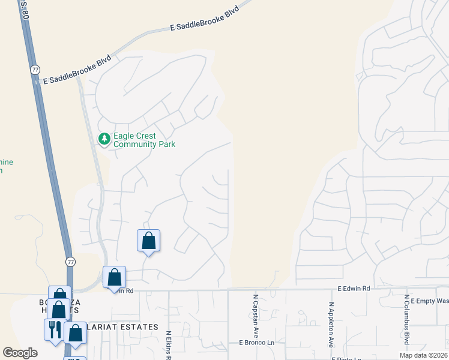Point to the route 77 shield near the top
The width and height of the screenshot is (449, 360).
tap(35, 70)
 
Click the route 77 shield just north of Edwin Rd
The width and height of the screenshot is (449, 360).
tap(70, 262)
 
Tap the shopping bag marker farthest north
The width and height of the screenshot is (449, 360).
tap(148, 241)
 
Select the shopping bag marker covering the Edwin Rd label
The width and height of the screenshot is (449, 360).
tap(114, 278)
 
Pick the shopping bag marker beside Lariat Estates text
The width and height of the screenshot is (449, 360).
tap(76, 334)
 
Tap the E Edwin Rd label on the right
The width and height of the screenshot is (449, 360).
tap(354, 289)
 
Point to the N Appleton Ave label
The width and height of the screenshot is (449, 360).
tap(331, 325)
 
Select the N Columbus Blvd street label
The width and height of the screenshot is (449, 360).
tap(406, 321)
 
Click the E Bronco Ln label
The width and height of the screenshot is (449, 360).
tap(256, 343)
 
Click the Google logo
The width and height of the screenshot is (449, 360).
tap(20, 352)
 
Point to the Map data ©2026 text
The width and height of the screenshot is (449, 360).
tap(423, 355)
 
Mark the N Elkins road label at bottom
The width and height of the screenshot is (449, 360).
tap(169, 345)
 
